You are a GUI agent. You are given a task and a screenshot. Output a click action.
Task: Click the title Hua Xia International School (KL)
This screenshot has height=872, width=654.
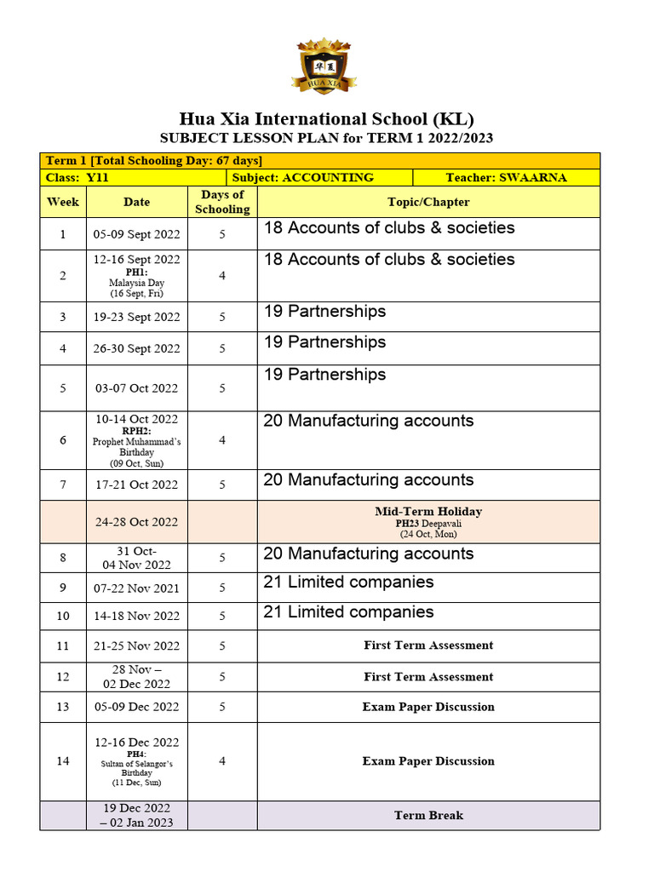point(326,118)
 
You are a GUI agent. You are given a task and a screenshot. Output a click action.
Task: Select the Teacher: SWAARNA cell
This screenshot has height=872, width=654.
point(506,177)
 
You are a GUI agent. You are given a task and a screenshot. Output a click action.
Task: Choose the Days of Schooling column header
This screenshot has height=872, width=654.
point(222,202)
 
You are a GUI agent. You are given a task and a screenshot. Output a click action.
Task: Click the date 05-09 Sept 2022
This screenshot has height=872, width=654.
point(136,234)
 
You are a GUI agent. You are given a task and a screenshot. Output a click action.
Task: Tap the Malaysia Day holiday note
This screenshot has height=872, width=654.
point(136,283)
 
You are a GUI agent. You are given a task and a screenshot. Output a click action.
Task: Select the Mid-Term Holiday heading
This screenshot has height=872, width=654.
point(428,512)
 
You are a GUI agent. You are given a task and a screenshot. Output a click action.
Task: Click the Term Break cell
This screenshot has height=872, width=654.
point(428,815)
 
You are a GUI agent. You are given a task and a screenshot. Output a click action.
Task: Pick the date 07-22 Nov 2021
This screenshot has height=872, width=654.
point(136,588)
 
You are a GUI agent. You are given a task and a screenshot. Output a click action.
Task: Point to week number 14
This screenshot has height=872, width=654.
point(63,760)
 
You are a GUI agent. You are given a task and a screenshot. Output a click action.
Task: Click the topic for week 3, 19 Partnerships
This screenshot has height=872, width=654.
point(324,312)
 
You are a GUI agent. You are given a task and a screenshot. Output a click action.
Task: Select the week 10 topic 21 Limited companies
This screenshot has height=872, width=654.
point(348,612)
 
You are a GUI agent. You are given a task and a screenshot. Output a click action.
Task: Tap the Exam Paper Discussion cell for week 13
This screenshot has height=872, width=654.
point(428,707)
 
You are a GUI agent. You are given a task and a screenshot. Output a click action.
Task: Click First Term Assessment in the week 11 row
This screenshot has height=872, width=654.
point(428,645)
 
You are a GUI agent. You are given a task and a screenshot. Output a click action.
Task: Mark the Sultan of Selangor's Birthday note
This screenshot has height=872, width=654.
point(136,768)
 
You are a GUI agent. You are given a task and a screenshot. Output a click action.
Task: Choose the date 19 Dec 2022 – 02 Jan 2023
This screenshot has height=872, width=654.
point(136,815)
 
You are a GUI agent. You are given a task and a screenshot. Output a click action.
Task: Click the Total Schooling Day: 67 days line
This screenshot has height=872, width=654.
point(153,160)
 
